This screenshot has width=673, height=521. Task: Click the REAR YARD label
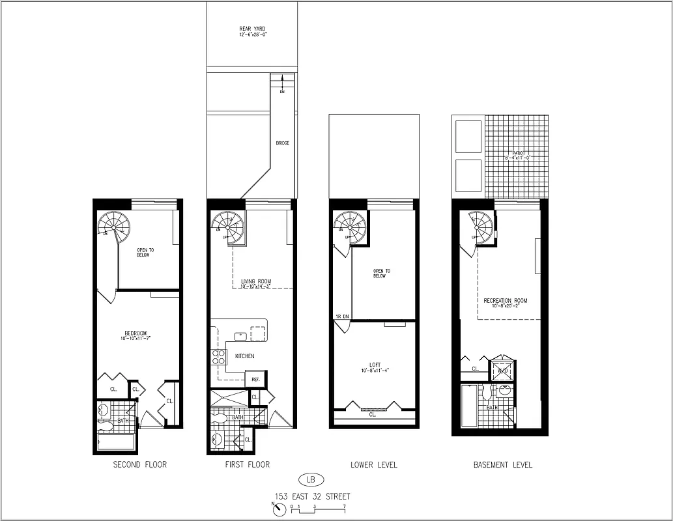coord(252,29)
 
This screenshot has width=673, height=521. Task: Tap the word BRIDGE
coord(282,143)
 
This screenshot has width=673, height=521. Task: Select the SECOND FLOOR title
coord(139,465)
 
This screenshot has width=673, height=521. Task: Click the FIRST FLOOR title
coord(247,465)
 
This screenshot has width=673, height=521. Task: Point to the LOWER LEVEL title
coord(374,465)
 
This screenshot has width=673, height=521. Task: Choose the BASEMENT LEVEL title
coord(502,465)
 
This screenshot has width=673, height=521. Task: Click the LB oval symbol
coord(311,481)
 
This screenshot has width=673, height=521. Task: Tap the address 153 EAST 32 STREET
coord(311,497)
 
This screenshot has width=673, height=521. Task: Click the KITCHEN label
coord(244,356)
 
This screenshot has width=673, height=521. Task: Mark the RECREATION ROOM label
coord(506,301)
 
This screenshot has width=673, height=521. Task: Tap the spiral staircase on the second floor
coord(113,225)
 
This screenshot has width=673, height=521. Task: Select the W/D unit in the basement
coord(502,371)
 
